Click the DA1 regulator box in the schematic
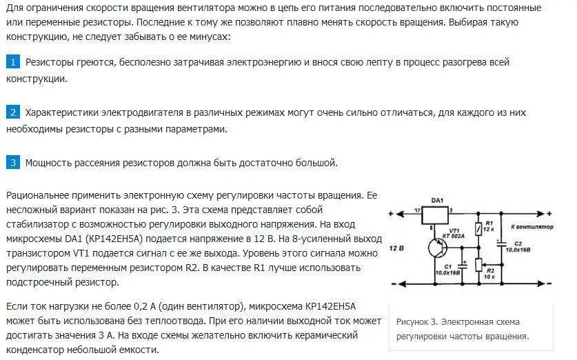pyautogui.click(x=436, y=214)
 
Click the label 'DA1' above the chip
pyautogui.click(x=437, y=200)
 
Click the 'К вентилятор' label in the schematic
pyautogui.click(x=532, y=226)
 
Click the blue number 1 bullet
pyautogui.click(x=13, y=62)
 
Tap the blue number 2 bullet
pyautogui.click(x=13, y=112)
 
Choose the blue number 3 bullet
pyautogui.click(x=13, y=163)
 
